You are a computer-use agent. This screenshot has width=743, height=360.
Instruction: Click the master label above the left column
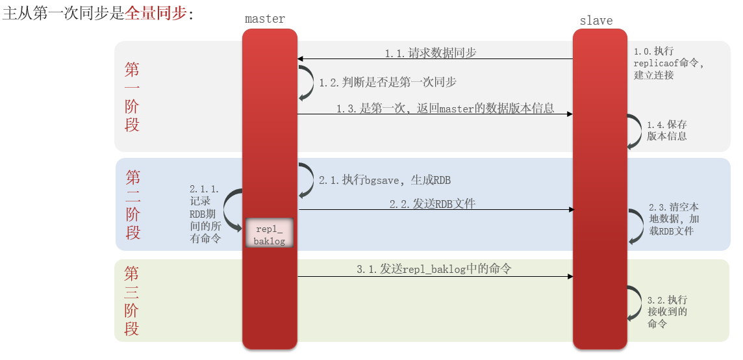click(x=265, y=19)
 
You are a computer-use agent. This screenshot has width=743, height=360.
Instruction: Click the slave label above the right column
click(x=596, y=21)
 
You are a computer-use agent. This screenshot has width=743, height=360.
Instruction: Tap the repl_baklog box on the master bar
click(x=269, y=233)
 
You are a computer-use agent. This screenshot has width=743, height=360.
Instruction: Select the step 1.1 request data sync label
click(x=431, y=53)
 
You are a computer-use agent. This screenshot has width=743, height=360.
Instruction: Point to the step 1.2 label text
click(x=387, y=83)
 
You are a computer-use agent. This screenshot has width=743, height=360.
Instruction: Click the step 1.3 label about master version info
click(x=445, y=109)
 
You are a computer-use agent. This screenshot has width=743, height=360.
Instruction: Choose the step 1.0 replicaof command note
click(x=668, y=63)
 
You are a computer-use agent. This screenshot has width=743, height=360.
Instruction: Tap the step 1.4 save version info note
click(x=667, y=130)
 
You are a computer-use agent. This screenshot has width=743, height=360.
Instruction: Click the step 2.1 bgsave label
click(x=384, y=180)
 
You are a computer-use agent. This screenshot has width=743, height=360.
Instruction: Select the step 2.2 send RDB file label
click(x=433, y=204)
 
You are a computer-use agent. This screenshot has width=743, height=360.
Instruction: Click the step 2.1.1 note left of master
click(x=205, y=214)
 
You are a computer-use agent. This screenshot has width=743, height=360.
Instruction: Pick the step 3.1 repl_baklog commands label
click(x=438, y=269)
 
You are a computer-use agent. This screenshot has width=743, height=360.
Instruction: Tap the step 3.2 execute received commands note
click(x=667, y=311)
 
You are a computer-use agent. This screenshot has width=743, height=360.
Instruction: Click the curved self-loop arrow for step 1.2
click(x=306, y=83)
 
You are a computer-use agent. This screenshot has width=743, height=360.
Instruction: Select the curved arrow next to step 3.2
click(x=633, y=303)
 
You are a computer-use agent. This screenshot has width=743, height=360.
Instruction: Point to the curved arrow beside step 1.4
click(x=633, y=132)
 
